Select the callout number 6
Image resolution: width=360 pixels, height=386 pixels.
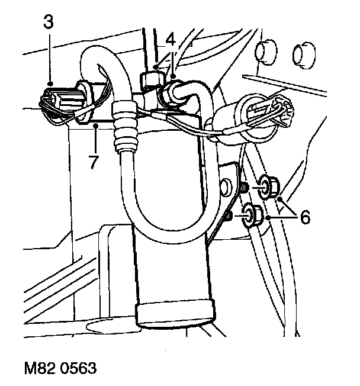(x=304, y=218)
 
